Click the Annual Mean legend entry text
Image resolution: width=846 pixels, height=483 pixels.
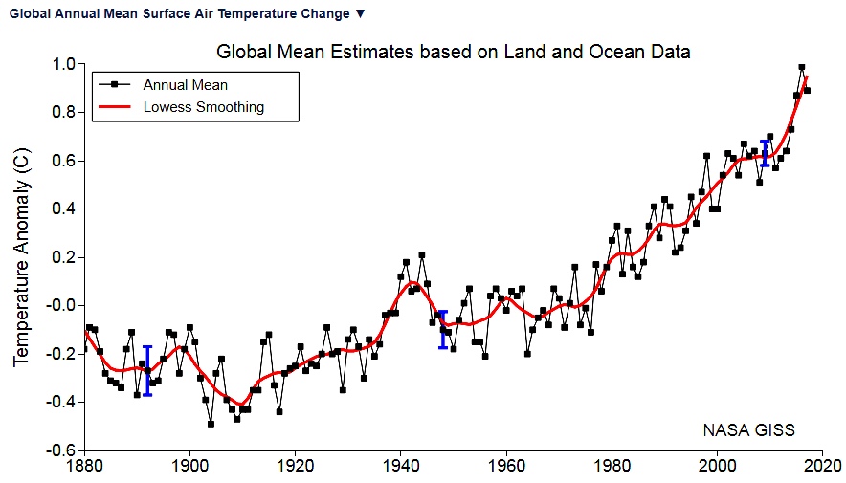(185, 85)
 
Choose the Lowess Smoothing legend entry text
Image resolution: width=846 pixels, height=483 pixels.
(203, 107)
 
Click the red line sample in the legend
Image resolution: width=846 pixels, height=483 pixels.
(116, 107)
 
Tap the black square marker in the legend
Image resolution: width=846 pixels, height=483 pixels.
(116, 85)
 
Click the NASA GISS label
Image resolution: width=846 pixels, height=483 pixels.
(748, 430)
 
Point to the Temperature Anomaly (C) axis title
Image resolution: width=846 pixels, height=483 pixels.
(21, 258)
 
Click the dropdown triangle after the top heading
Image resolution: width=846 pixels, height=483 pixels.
(360, 14)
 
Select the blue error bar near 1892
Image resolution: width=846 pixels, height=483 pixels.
(147, 371)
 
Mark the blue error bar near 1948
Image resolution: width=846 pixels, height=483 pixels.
(442, 329)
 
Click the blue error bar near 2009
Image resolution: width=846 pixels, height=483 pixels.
(764, 153)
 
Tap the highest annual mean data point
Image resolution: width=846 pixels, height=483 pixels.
(801, 68)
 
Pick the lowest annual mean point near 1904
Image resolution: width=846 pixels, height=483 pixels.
(211, 424)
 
